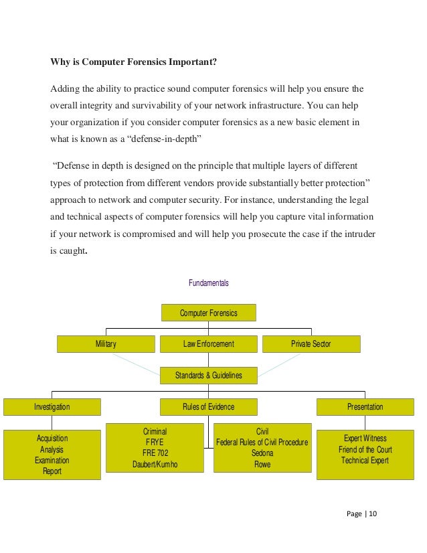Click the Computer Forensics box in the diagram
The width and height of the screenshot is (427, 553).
pos(208,313)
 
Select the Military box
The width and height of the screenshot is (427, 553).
pos(106,344)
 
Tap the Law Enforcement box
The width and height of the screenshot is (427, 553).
pos(208,344)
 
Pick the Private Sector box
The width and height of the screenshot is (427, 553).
pos(311,344)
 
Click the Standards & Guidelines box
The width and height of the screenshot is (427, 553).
pos(208,376)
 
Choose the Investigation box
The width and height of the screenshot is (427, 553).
pos(52,406)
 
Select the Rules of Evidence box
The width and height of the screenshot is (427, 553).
pos(208,406)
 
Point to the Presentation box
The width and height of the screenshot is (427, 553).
pos(365,406)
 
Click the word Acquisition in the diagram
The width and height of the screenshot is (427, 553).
pos(52,438)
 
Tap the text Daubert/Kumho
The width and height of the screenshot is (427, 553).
pos(155,465)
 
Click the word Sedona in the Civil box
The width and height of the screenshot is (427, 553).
pos(262,453)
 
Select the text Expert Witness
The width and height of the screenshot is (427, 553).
pos(365,439)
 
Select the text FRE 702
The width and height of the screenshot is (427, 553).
pos(155,453)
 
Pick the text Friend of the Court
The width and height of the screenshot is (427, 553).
pos(365,449)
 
